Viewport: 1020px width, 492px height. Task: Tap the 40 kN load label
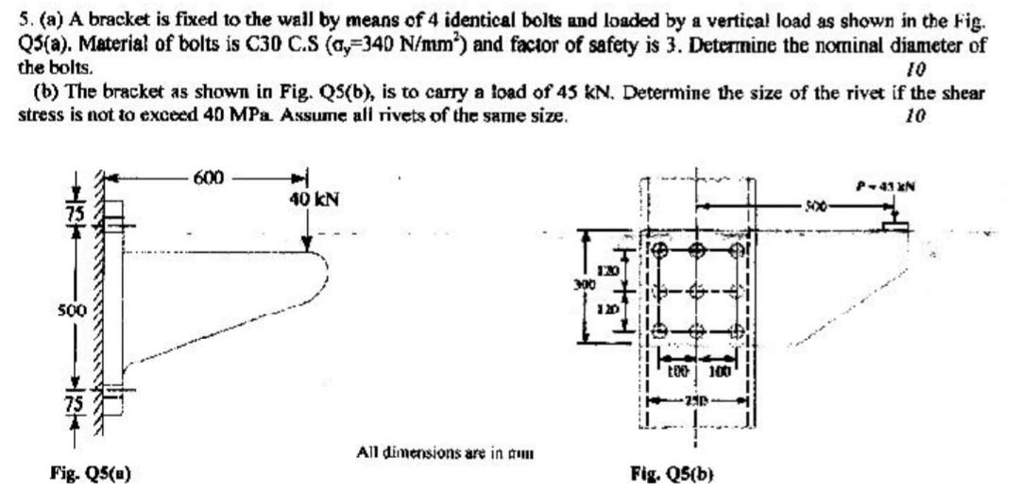[314, 199]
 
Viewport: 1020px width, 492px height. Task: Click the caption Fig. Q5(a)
[93, 474]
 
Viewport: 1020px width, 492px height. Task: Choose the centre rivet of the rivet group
[697, 292]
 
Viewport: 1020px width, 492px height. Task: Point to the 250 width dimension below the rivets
[698, 399]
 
